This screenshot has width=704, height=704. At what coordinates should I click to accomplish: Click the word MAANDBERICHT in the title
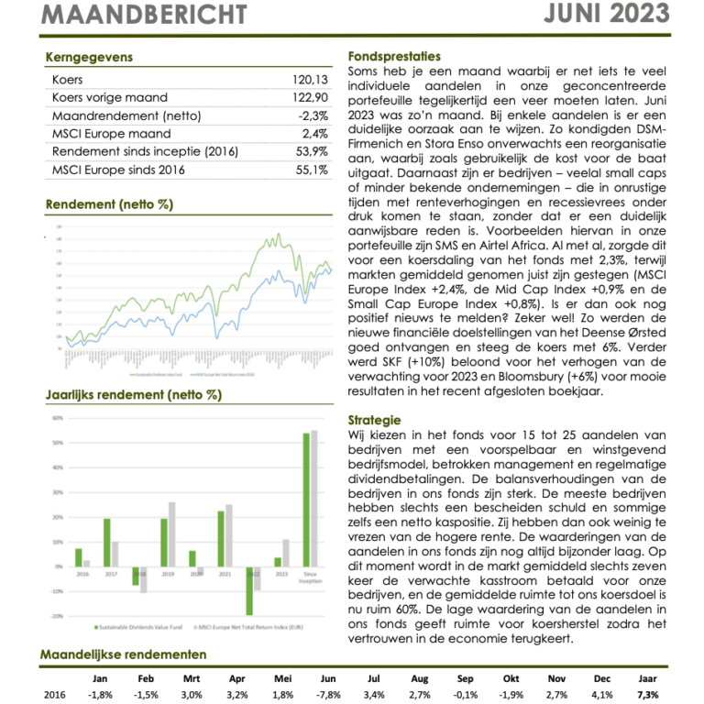click(145, 15)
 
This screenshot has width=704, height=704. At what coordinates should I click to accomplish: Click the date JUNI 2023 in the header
click(623, 13)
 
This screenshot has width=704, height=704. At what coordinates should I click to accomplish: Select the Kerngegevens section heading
click(89, 57)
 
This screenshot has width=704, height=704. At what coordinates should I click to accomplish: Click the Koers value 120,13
click(308, 80)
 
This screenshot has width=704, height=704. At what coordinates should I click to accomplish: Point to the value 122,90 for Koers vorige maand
click(308, 98)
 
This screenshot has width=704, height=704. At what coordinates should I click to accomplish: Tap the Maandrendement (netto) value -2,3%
click(313, 115)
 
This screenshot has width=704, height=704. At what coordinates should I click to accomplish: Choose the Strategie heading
click(375, 419)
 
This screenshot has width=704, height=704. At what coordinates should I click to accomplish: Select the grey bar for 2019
click(171, 533)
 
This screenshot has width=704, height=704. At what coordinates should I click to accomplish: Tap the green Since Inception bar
click(306, 499)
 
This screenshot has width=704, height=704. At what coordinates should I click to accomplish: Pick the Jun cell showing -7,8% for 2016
click(328, 694)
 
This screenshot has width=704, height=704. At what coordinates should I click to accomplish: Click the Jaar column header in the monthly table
click(647, 677)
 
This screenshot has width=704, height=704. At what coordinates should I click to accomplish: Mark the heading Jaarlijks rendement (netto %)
click(133, 396)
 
